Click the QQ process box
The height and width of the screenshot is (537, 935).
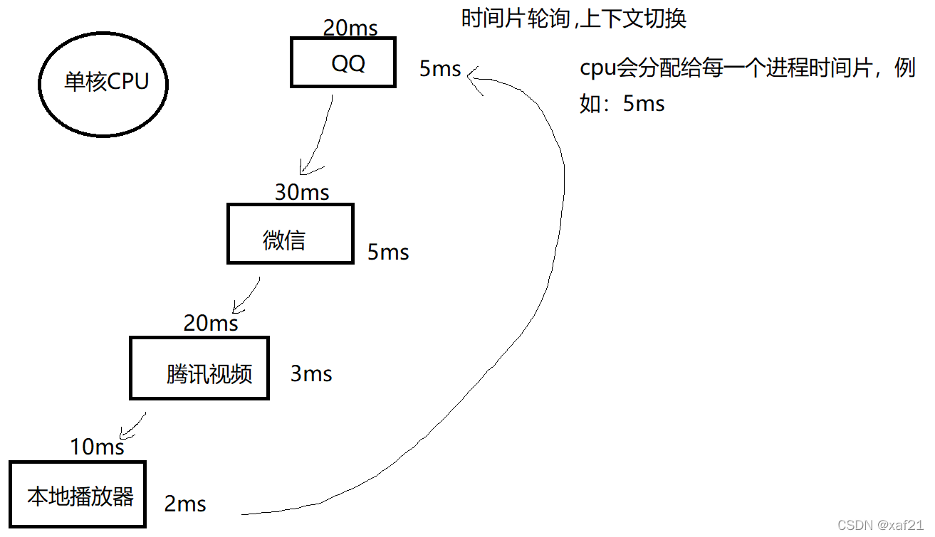tap(343, 63)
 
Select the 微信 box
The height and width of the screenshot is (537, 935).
tap(290, 234)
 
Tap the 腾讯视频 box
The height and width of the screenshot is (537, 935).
tap(199, 368)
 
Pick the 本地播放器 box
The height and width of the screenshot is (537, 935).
tap(78, 494)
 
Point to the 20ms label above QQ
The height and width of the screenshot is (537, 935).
tap(350, 28)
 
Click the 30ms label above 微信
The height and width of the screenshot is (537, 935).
tap(302, 192)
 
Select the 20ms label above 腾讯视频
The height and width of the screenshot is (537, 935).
tap(211, 323)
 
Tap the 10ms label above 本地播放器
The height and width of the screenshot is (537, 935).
tap(97, 447)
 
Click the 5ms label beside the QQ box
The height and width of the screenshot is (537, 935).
tap(440, 69)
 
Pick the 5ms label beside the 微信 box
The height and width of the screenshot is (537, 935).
tap(388, 252)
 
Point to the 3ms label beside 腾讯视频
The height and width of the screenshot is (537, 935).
tap(311, 373)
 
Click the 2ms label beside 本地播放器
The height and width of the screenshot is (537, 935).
tap(185, 504)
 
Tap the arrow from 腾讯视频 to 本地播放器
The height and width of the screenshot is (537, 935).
tap(135, 425)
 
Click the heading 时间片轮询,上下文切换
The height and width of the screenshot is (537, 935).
tap(574, 18)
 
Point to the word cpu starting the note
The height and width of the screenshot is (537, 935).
tap(597, 70)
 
